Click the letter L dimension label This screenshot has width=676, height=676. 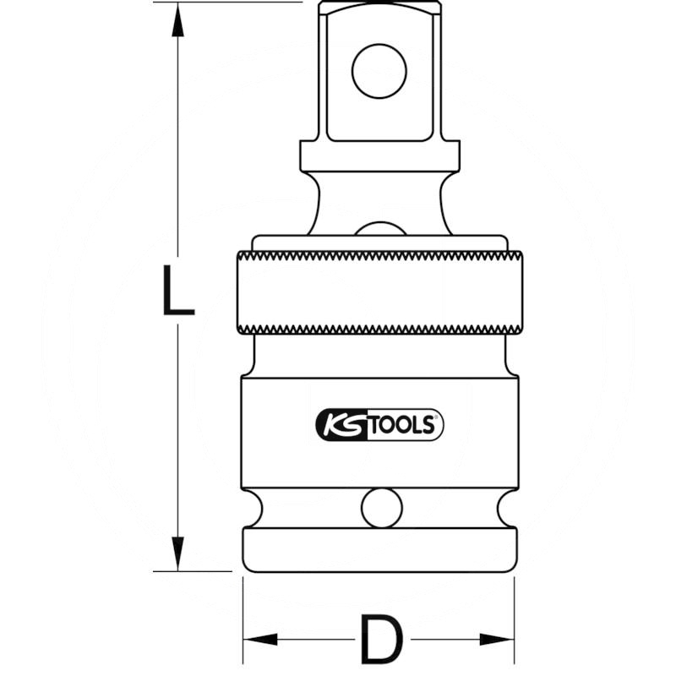pos(177,288)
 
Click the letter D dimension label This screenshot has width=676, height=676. pos(379,639)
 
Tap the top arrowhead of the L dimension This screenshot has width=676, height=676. pos(177,20)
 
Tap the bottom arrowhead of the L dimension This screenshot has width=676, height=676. pos(177,553)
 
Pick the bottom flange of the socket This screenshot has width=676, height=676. pos(379,549)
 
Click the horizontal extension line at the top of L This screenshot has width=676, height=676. pos(228,3)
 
